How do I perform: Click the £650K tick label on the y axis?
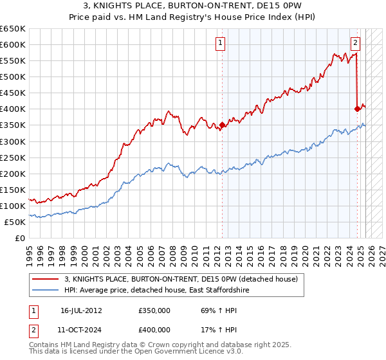click(13, 29)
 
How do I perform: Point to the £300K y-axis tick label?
click(13, 141)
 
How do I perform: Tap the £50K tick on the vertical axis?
click(15, 222)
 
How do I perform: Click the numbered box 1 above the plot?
click(220, 43)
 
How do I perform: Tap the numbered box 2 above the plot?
click(355, 43)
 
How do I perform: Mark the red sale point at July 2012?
click(223, 125)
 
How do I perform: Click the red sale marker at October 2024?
click(358, 109)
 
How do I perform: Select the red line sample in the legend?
click(47, 279)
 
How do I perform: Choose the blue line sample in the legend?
click(47, 291)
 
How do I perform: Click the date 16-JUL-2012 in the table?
click(81, 310)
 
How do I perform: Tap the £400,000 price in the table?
click(154, 329)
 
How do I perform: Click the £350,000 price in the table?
click(154, 310)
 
